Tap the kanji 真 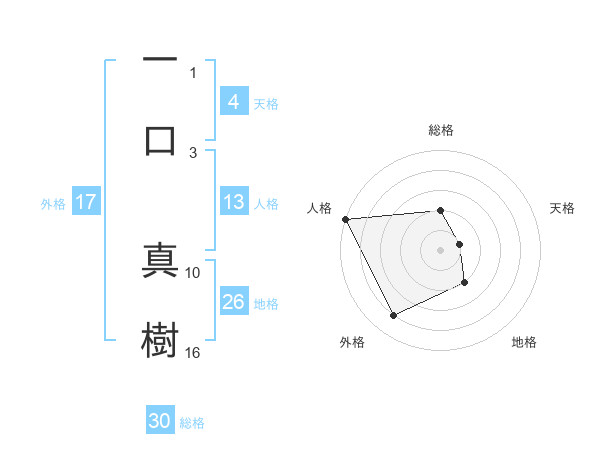coord(160,259)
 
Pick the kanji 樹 coord(160,340)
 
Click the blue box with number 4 coord(233,102)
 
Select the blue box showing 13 coord(233,202)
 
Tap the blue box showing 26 coord(233,302)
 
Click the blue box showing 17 coord(86,202)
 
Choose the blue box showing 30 coord(160,422)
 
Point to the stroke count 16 coord(193,352)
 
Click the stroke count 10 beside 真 coord(193,272)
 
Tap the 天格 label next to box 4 coord(266,103)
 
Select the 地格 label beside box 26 coord(266,303)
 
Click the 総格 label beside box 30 coord(192,423)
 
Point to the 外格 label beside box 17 coord(53,203)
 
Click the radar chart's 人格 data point coord(345,219)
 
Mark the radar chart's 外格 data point coord(393,316)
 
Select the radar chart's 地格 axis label coord(524,342)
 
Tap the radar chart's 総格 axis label coord(441,130)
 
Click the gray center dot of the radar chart coord(441,250)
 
